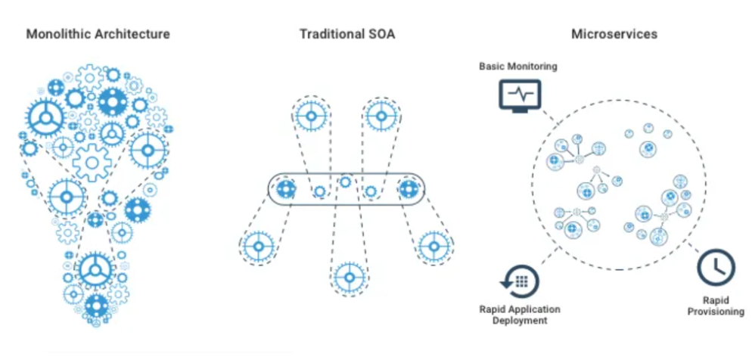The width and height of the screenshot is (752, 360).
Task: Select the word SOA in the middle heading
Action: (381, 34)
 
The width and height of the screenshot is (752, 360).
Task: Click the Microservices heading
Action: (614, 34)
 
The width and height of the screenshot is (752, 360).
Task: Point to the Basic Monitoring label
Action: (517, 67)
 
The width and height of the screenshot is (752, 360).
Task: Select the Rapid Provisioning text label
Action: (716, 305)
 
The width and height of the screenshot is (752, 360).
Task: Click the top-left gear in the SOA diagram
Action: (310, 116)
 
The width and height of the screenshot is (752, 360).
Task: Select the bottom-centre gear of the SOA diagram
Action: (349, 277)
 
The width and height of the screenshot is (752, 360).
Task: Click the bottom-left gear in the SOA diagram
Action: (259, 247)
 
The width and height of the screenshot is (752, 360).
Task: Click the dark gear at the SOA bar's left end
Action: (286, 189)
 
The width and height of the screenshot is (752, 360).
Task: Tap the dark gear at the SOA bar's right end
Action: (409, 189)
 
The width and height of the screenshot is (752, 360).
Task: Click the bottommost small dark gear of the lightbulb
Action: (96, 306)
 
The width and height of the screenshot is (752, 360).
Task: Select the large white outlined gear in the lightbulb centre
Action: (92, 162)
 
